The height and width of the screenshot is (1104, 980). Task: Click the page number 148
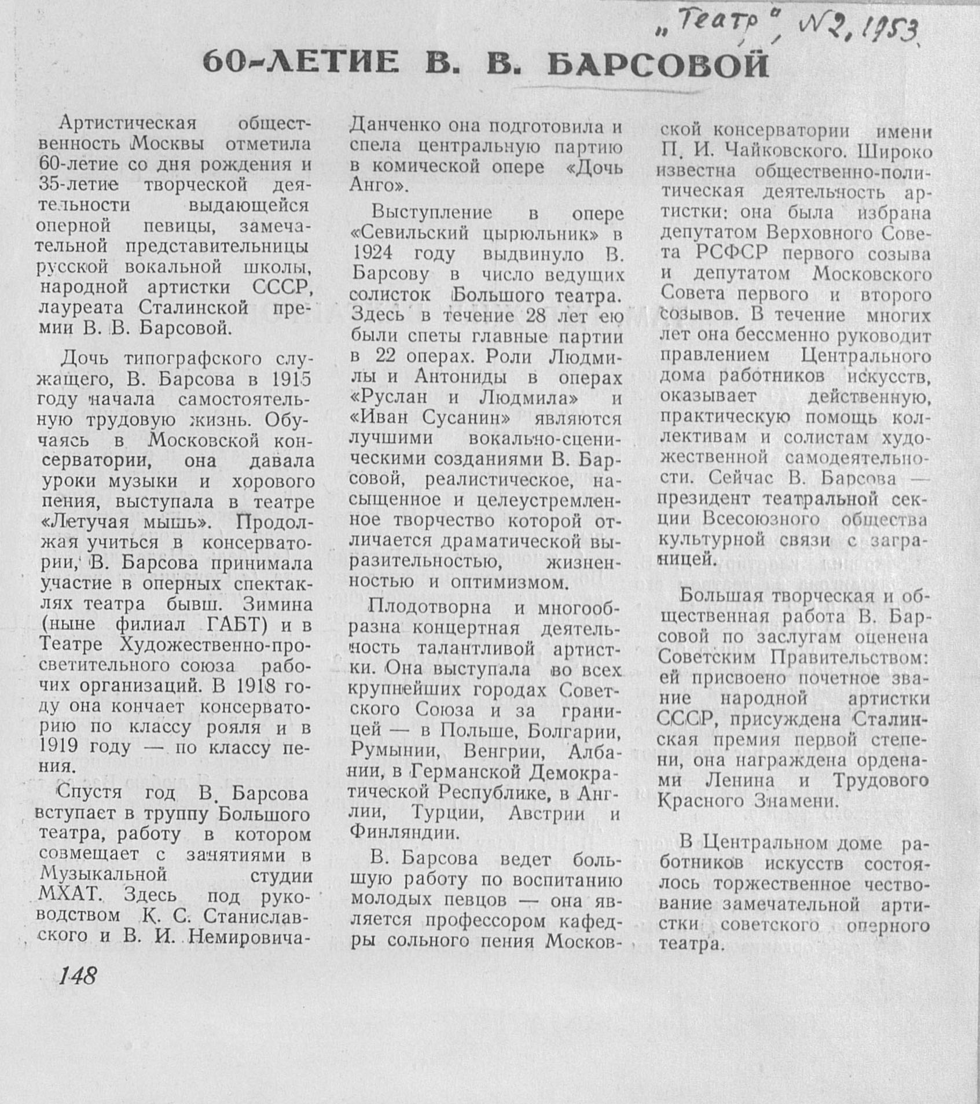pyautogui.click(x=77, y=976)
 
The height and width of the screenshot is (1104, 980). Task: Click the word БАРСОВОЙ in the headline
pyautogui.click(x=658, y=65)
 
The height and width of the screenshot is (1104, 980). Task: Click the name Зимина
pyautogui.click(x=278, y=605)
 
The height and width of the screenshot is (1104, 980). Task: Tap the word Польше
pyautogui.click(x=472, y=731)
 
